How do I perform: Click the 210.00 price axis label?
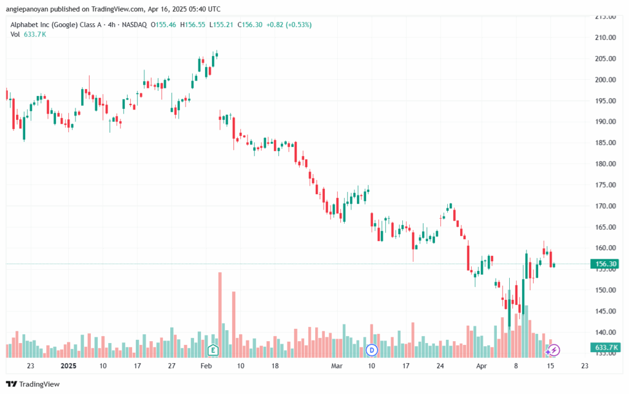[x=605, y=37]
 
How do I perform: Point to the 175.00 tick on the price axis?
[x=605, y=185]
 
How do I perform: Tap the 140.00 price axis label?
[x=605, y=332]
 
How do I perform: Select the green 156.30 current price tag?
[x=605, y=264]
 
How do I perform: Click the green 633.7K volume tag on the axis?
[x=605, y=347]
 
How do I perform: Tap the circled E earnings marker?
[x=213, y=350]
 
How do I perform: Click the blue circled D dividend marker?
[x=372, y=350]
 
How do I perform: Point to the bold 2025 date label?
[x=68, y=366]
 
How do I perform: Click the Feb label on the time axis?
[x=206, y=366]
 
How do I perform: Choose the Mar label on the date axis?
[x=337, y=366]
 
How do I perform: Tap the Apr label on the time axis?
[x=482, y=366]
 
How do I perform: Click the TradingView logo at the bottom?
[x=33, y=384]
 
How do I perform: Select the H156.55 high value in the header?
[x=192, y=25]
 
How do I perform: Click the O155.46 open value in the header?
[x=163, y=25]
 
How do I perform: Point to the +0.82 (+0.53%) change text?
[x=289, y=25]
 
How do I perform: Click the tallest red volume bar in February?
[x=220, y=315]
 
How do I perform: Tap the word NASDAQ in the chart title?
[x=135, y=25]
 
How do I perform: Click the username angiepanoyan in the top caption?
[x=27, y=9]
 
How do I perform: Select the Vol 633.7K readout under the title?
[x=28, y=34]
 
